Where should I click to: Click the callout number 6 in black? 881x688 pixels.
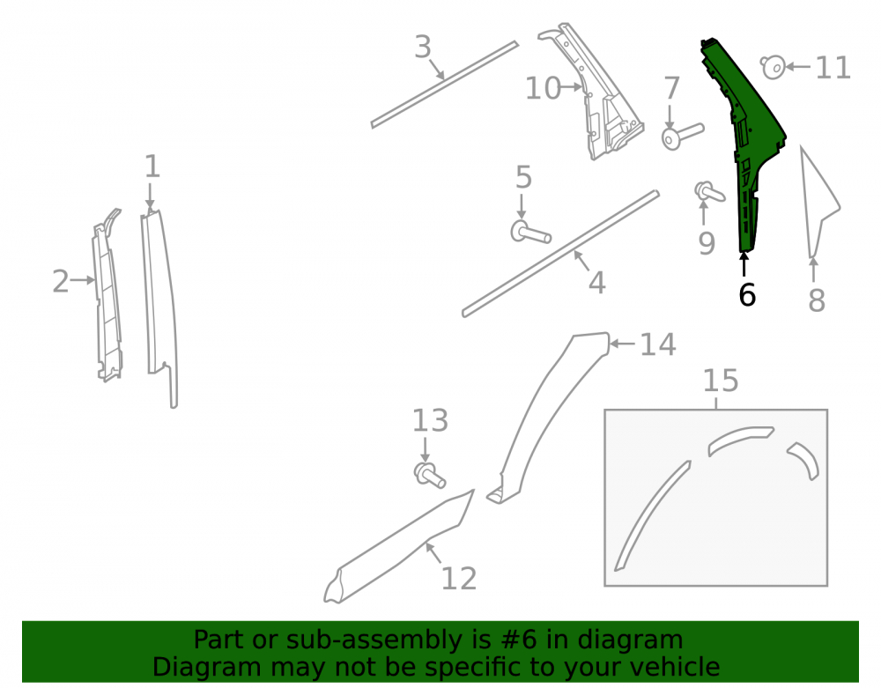click(747, 294)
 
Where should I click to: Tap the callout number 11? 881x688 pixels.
click(833, 68)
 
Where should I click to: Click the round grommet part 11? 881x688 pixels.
click(773, 68)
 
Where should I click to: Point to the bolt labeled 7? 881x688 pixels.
click(682, 136)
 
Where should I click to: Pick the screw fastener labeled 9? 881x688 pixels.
click(709, 192)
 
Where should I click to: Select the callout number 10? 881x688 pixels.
click(543, 88)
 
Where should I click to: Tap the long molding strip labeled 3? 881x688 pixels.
click(444, 85)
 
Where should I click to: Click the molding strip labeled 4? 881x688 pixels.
click(560, 254)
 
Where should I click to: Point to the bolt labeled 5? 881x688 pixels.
click(529, 232)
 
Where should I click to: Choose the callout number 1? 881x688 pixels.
click(152, 166)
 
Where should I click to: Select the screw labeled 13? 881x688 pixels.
click(429, 475)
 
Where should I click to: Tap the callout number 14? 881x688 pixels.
click(658, 344)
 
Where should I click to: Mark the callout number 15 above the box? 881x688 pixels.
click(721, 381)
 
